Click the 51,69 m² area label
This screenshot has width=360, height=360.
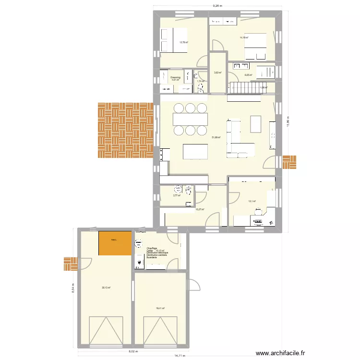coord(216,137)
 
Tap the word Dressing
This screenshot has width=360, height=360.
coord(175,77)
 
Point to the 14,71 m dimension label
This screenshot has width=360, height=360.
coord(178,356)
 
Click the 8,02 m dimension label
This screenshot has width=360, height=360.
coord(131,352)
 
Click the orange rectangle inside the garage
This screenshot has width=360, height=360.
coord(115,243)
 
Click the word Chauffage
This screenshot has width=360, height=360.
coord(152,248)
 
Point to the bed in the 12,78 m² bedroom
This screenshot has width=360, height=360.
coord(168,40)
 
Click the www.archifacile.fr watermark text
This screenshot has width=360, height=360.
coord(281,353)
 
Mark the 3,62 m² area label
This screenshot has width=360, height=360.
coord(217,72)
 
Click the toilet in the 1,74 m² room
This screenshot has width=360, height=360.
coord(197,77)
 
